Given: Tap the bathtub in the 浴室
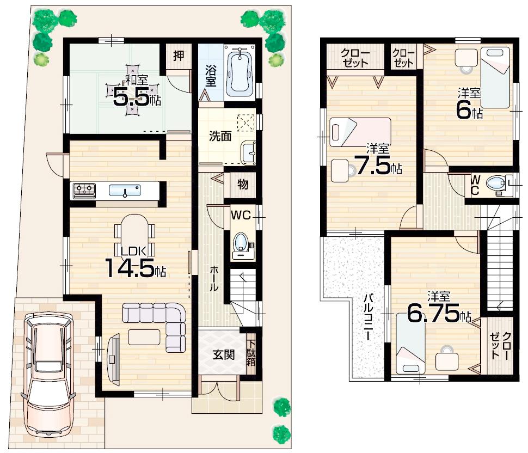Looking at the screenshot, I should (x=239, y=72).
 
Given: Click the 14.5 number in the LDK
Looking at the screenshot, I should (x=130, y=268).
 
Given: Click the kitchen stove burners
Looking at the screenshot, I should (x=84, y=190).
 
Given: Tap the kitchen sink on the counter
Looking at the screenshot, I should (x=125, y=191).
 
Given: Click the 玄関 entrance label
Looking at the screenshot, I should (x=223, y=355).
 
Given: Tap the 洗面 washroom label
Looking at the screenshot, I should (x=220, y=136).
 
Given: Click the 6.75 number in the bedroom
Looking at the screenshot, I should (x=433, y=315).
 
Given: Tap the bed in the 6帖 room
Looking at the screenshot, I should (x=494, y=77).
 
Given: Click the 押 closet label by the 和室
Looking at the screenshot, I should (x=178, y=55).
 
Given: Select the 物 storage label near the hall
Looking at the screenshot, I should (x=242, y=185).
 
